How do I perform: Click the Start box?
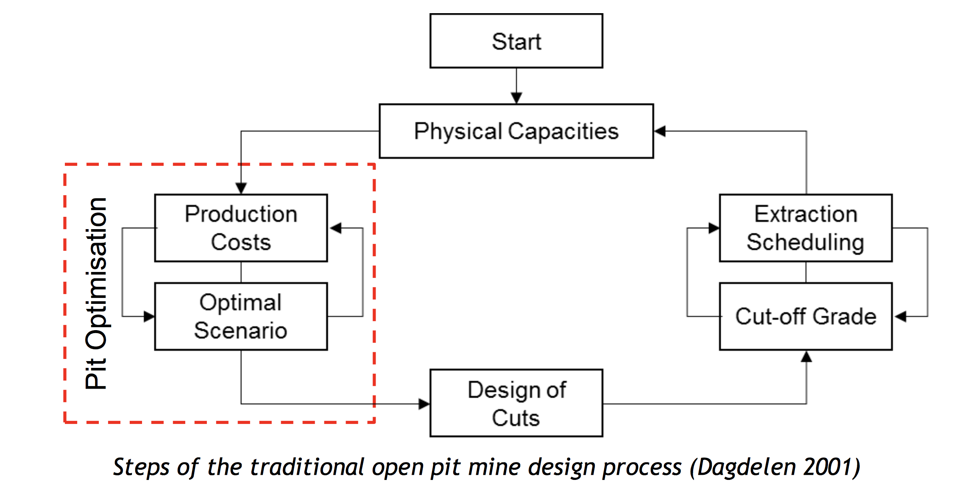pos(516,41)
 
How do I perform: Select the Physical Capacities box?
pos(516,131)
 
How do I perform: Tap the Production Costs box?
pos(241,228)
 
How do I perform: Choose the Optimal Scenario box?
pos(241,317)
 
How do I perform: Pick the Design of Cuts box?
pos(516,403)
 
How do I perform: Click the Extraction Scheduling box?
pos(806,228)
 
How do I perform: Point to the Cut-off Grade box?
pos(806,317)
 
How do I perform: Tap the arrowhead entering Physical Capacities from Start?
pos(516,98)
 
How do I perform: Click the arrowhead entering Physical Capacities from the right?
pos(660,131)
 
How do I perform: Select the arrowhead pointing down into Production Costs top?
pos(241,188)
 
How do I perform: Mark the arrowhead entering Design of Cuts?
pos(424,404)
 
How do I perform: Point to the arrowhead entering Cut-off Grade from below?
pos(806,357)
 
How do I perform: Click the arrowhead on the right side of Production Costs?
pos(336,228)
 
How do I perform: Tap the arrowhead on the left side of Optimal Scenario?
pos(149,317)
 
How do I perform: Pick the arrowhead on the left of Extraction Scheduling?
pos(714,228)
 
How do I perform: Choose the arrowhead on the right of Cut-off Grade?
pos(900,317)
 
